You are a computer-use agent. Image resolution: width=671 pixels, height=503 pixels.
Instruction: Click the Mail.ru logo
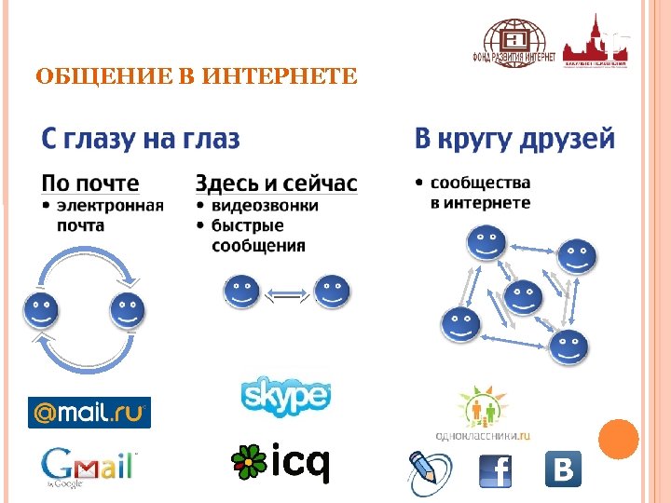(89, 412)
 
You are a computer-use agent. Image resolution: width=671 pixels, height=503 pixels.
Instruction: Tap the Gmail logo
(89, 466)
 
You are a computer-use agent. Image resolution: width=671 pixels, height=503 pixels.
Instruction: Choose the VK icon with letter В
(562, 469)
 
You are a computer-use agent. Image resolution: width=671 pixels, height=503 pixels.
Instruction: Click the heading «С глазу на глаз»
(141, 140)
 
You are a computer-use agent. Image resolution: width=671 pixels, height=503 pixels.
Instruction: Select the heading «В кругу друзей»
(514, 140)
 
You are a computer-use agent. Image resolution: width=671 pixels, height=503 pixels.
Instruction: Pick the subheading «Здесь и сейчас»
(276, 183)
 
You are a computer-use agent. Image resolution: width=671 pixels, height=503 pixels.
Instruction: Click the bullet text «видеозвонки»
(265, 205)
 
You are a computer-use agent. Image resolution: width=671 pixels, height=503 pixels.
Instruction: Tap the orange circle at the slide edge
(618, 439)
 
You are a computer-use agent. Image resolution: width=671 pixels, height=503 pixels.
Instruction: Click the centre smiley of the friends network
(523, 298)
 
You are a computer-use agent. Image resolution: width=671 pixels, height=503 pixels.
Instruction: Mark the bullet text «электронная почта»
(110, 215)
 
